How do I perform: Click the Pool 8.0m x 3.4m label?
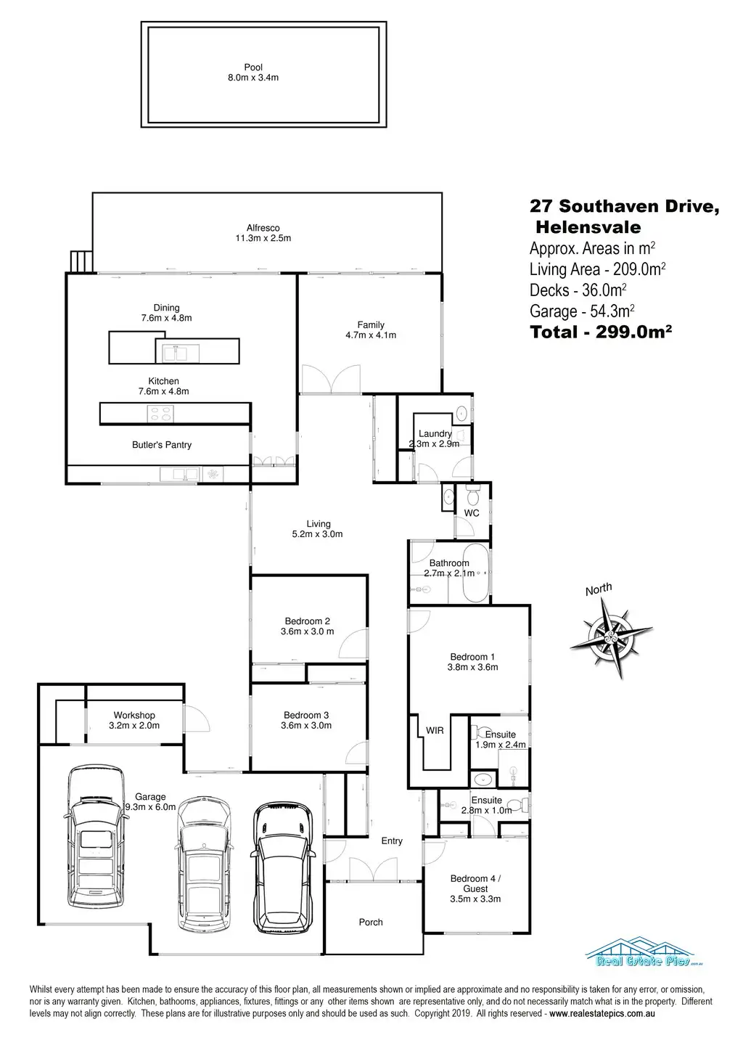point(253,72)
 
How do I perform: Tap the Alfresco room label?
point(262,233)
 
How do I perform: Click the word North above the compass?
point(599,589)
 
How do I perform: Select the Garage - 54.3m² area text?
point(583,311)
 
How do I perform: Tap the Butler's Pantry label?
point(162,445)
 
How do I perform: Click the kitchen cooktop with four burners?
point(160,414)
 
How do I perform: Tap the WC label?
point(472,513)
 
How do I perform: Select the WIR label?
point(435,731)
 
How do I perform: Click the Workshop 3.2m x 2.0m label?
point(134,720)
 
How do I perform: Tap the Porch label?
point(371,922)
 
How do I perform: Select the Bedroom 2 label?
point(308,626)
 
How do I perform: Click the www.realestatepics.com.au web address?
point(602,1013)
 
